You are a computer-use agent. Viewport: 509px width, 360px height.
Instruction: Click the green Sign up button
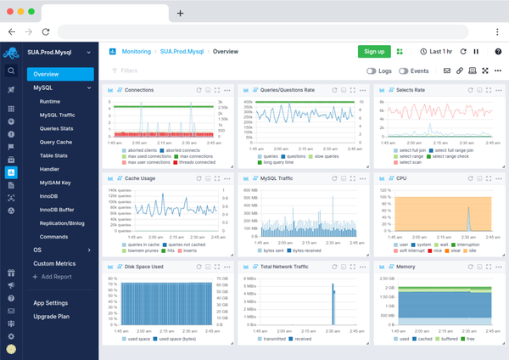(373, 52)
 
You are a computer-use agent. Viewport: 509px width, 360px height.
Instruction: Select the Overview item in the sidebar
(53, 74)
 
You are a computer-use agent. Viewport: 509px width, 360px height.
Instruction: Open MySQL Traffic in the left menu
(57, 115)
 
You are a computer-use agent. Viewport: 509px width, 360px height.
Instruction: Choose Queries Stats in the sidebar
(55, 128)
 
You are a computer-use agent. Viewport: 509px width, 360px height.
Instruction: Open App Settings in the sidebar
(51, 303)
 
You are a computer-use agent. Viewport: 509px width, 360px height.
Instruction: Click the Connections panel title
(139, 89)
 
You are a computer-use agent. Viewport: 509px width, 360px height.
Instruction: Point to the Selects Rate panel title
(411, 89)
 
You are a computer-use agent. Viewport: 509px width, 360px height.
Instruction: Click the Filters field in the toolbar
(129, 71)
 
